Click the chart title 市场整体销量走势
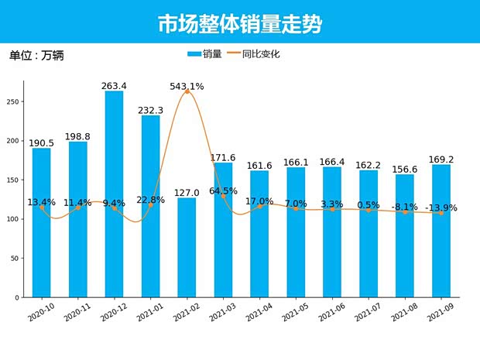(239, 23)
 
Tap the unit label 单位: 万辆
(36, 56)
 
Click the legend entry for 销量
(205, 54)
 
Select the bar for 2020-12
(114, 194)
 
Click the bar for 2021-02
(187, 248)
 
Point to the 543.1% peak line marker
(187, 92)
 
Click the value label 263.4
(114, 86)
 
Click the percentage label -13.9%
(441, 207)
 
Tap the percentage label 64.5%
(223, 190)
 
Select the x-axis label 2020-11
(77, 312)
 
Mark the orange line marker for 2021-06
(332, 210)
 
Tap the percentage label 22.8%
(150, 200)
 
